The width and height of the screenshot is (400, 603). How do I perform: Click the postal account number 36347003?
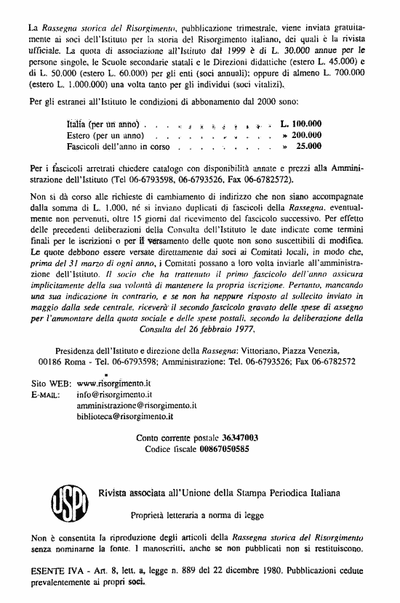pos(231,438)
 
